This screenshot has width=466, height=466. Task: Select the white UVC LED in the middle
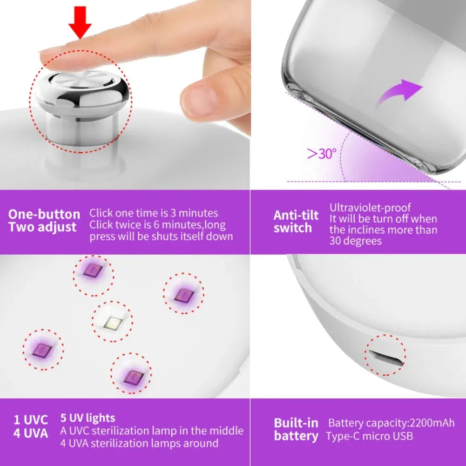point(112,322)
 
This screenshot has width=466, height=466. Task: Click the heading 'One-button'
point(44,215)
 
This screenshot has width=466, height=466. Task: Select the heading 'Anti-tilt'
point(296,215)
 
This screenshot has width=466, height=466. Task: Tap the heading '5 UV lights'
point(88,418)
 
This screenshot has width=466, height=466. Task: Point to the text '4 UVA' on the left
point(31,434)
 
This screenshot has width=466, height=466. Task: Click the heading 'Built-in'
point(296,423)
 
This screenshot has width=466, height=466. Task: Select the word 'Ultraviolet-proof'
point(370,208)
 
